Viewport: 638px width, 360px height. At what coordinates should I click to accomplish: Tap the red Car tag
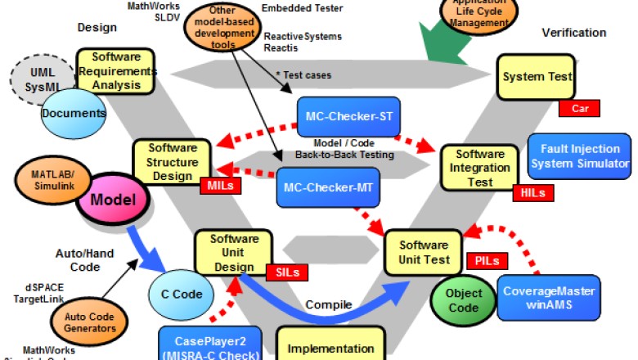pyautogui.click(x=579, y=108)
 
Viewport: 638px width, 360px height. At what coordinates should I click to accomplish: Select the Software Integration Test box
pyautogui.click(x=480, y=167)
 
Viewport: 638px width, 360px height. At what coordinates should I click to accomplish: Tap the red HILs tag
pyautogui.click(x=532, y=193)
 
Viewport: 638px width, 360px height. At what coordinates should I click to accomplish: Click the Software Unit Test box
pyautogui.click(x=424, y=252)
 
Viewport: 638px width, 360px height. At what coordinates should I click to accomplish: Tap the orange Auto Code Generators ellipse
pyautogui.click(x=95, y=322)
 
